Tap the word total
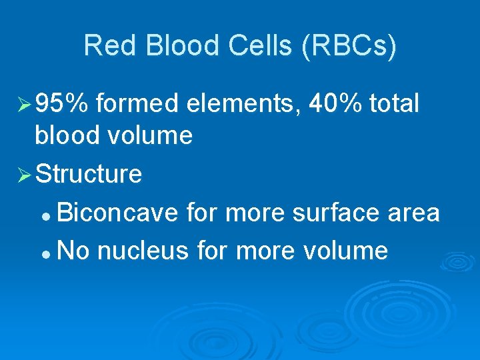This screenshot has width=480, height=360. point(395,104)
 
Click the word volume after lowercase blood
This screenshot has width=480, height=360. point(151,137)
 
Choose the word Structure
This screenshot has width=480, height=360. point(89,175)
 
